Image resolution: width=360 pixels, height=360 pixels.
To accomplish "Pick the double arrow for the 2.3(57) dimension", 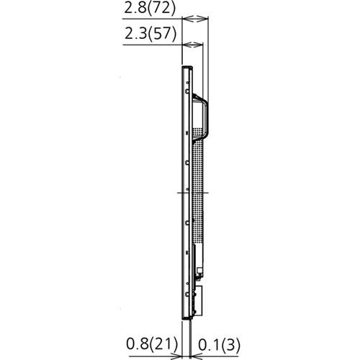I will click(193, 45).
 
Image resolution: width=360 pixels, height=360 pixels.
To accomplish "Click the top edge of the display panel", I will click(186, 66).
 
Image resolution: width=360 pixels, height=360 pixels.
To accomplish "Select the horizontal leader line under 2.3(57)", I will click(151, 45).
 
